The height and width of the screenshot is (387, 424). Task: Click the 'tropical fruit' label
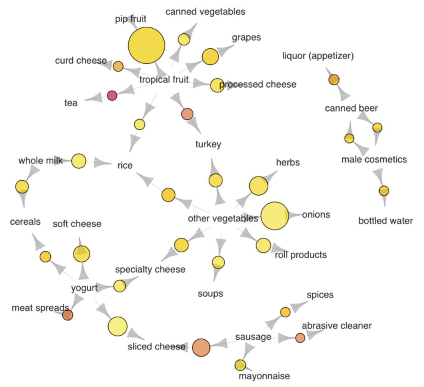[164, 80]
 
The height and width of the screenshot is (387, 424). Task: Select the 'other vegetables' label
[223, 219]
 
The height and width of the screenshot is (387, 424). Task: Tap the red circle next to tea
[112, 95]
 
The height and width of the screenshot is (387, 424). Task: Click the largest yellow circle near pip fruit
[146, 45]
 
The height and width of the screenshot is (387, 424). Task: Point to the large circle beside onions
[275, 216]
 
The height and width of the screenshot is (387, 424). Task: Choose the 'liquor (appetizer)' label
[318, 56]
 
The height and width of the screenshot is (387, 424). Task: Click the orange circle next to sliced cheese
[201, 347]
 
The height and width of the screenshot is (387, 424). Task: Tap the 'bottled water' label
[386, 221]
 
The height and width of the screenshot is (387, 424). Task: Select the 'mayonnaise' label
[264, 376]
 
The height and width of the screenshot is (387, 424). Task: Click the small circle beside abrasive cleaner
[300, 338]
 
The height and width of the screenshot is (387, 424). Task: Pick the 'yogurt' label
[84, 288]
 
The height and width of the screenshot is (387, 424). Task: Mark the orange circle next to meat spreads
[68, 315]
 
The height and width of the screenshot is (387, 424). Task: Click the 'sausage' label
[253, 337]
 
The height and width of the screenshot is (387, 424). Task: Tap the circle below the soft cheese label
[82, 254]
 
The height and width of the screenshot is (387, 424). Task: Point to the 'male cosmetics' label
[374, 160]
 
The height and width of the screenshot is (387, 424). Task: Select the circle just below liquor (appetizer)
[334, 80]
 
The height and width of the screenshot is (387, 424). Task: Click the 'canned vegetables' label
[205, 12]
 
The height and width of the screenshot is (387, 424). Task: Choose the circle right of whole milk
[79, 161]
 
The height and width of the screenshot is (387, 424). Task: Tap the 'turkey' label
[208, 144]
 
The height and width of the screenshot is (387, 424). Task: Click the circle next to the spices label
[285, 312]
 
